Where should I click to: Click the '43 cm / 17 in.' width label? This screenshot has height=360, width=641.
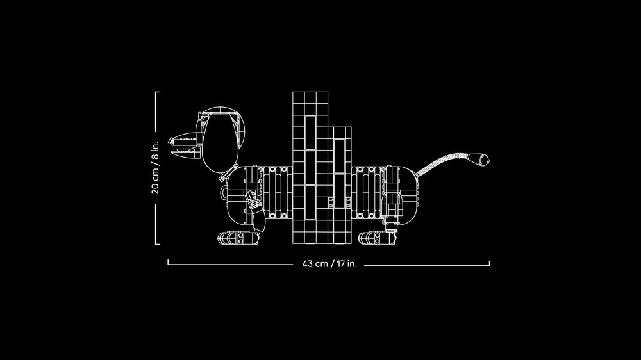pyautogui.click(x=329, y=263)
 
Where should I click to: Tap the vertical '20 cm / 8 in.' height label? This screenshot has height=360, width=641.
pyautogui.click(x=155, y=168)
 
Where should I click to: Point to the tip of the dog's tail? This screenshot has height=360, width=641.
pyautogui.click(x=488, y=160)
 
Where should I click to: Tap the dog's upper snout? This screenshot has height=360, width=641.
pyautogui.click(x=184, y=140)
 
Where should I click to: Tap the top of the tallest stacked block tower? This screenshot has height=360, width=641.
pyautogui.click(x=310, y=92)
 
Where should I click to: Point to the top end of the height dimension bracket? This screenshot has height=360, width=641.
pyautogui.click(x=158, y=92)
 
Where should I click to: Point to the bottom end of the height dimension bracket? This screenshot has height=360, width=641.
pyautogui.click(x=158, y=244)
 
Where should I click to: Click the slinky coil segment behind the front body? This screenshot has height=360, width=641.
pyautogui.click(x=277, y=192)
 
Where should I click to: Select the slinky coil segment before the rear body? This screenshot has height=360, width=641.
pyautogui.click(x=367, y=192)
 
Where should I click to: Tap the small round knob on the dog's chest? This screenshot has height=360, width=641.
pyautogui.click(x=224, y=192)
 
